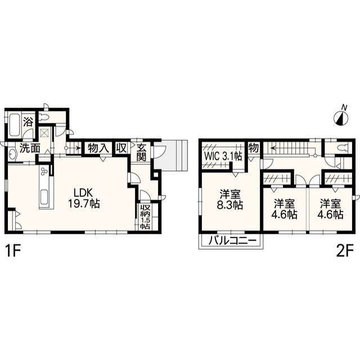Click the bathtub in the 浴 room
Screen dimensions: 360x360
(15, 125)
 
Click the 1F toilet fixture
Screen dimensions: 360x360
(44, 118)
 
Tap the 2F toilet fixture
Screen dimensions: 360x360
(343, 147)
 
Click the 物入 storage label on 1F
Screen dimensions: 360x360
(98, 148)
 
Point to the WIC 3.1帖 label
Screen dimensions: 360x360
(223, 157)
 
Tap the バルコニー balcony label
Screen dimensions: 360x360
(232, 241)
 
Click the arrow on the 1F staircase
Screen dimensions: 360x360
(73, 148)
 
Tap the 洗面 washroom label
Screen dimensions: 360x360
(30, 148)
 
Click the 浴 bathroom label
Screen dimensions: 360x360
(28, 122)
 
